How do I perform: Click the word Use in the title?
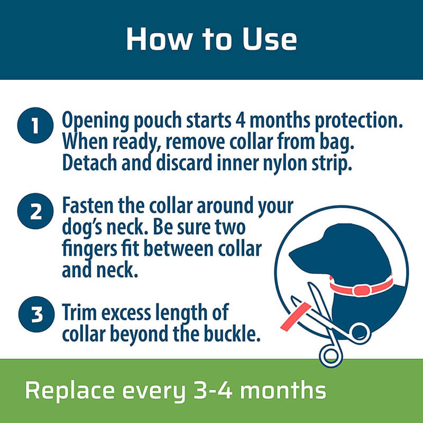click(x=269, y=39)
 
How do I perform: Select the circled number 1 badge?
click(x=35, y=125)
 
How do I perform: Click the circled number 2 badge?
click(x=35, y=211)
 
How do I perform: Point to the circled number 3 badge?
click(x=36, y=314)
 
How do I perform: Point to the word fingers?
click(x=89, y=250)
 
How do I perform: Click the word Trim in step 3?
click(x=79, y=312)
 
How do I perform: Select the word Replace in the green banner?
click(x=70, y=390)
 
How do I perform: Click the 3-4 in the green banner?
click(x=213, y=390)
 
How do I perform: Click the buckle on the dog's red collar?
click(x=362, y=290)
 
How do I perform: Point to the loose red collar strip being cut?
click(x=296, y=317)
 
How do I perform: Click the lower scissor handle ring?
click(x=331, y=355)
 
